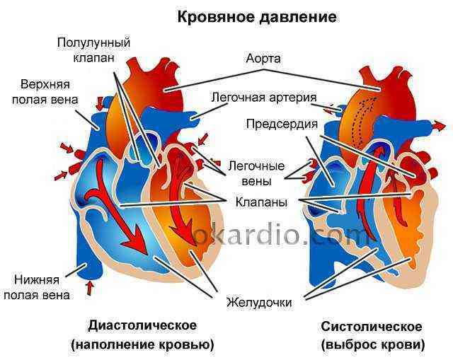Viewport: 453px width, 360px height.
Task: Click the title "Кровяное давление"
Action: pyautogui.click(x=257, y=17)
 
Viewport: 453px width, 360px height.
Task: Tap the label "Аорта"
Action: pyautogui.click(x=263, y=59)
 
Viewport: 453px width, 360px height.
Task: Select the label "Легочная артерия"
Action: pyautogui.click(x=264, y=98)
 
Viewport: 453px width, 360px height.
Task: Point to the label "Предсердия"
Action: pyautogui.click(x=282, y=124)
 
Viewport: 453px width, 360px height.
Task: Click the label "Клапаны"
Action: pyautogui.click(x=261, y=202)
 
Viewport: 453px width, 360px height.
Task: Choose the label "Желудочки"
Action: pyautogui.click(x=259, y=303)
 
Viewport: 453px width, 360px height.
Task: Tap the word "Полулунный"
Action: pyautogui.click(x=93, y=43)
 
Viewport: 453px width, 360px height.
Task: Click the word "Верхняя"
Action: pyautogui.click(x=45, y=85)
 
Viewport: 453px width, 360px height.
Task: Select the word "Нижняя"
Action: pyautogui.click(x=37, y=280)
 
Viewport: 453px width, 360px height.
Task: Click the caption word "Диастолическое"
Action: pyautogui.click(x=142, y=325)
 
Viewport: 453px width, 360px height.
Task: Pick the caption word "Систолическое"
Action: pyautogui.click(x=371, y=327)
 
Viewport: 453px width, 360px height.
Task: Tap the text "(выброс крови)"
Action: pyautogui.click(x=373, y=344)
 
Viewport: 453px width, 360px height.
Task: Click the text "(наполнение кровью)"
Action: pyautogui.click(x=143, y=344)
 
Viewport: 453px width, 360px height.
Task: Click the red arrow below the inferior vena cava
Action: pyautogui.click(x=91, y=288)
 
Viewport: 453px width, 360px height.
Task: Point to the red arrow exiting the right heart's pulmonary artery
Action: pyautogui.click(x=440, y=126)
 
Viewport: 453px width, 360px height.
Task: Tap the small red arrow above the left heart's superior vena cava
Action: pyautogui.click(x=100, y=104)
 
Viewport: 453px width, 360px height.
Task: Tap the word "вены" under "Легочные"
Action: pyautogui.click(x=256, y=181)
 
